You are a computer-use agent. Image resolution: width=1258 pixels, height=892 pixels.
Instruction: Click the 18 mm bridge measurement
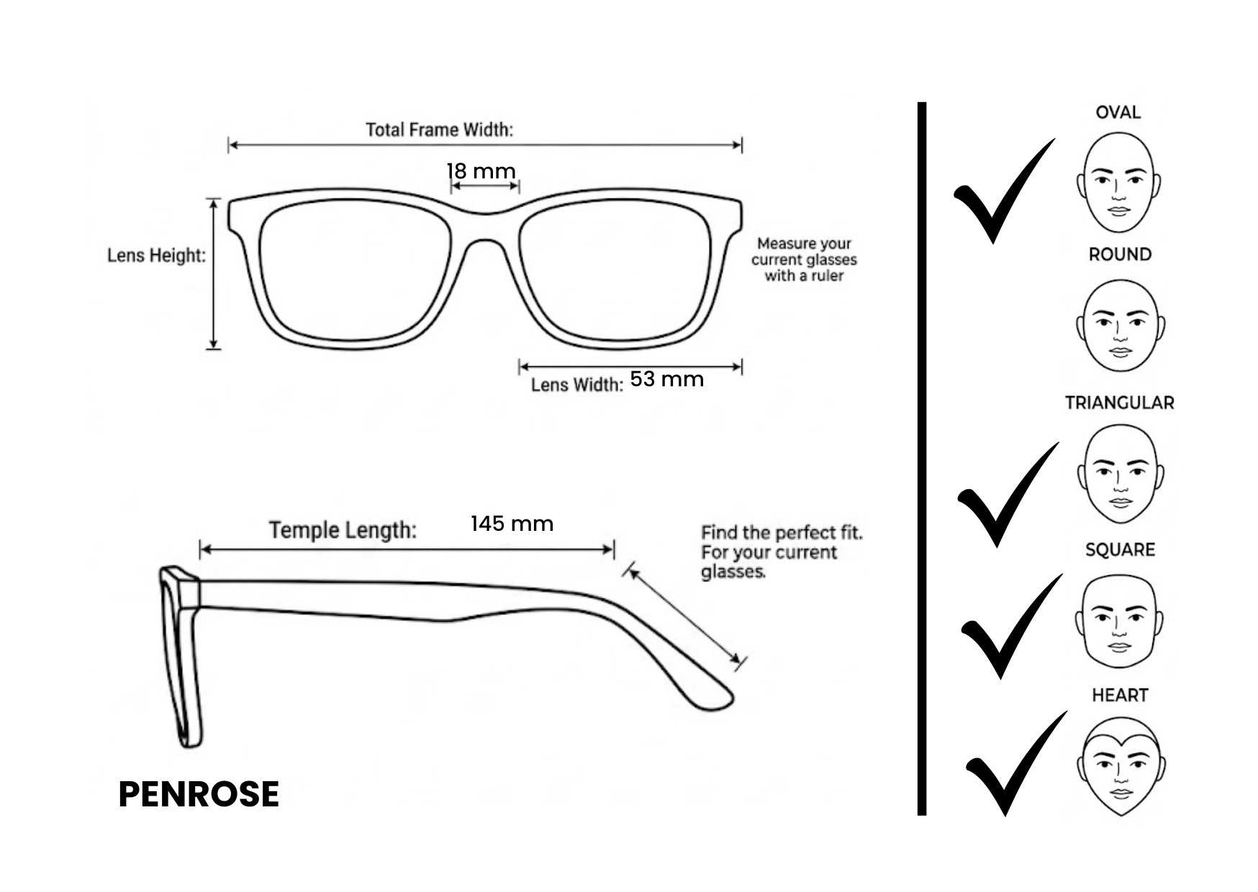(x=481, y=171)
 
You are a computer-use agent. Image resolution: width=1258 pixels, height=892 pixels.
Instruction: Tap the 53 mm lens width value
(x=666, y=379)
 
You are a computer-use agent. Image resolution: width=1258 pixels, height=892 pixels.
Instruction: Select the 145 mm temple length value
(x=512, y=523)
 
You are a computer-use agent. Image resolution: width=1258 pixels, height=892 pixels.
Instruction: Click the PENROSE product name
(x=199, y=794)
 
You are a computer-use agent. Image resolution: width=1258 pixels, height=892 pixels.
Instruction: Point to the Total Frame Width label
(x=439, y=129)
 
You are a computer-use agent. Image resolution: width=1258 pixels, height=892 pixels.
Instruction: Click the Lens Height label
(x=156, y=255)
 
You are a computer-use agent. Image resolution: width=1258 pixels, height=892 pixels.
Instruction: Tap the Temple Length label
(x=343, y=530)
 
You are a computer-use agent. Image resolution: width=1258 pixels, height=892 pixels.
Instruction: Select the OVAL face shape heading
(x=1118, y=112)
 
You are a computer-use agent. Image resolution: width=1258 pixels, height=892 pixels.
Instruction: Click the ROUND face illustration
(x=1120, y=325)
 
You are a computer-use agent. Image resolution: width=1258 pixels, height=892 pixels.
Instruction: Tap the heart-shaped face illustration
(x=1121, y=766)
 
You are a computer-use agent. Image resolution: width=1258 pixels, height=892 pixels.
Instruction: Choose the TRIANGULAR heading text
(x=1119, y=403)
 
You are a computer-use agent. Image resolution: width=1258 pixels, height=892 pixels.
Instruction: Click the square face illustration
(x=1119, y=622)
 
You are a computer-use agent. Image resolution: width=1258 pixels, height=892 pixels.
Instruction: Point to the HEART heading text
(x=1120, y=695)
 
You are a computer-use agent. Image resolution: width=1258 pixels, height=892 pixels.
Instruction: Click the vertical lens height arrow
(x=214, y=273)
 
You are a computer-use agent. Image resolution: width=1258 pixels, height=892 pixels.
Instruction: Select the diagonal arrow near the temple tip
(x=684, y=616)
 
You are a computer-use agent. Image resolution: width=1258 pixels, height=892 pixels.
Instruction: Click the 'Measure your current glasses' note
(x=804, y=260)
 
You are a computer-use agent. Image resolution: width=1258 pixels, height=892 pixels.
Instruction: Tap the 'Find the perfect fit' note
(x=782, y=552)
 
